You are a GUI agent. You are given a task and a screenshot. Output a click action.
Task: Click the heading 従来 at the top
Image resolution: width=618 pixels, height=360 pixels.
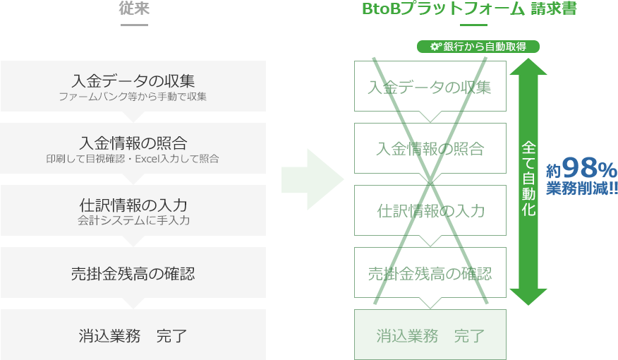coord(134,9)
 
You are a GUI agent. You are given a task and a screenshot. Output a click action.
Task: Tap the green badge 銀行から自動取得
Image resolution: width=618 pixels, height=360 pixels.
coord(480,47)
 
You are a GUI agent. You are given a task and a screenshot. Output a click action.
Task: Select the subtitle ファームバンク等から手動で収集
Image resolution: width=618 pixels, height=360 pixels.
coord(133,96)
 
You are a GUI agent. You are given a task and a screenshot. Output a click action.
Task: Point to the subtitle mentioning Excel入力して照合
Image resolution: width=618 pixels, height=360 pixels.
coord(133,158)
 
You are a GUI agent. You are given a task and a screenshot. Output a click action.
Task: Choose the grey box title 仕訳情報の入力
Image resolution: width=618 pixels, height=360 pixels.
coord(133,205)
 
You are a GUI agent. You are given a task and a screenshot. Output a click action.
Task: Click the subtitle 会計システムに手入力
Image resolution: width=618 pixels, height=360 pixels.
coord(133,220)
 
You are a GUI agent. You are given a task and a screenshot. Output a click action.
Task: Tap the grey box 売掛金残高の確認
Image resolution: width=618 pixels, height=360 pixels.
coord(133,272)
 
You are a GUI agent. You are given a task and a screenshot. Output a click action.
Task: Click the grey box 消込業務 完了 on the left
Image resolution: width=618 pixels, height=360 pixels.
coord(133,335)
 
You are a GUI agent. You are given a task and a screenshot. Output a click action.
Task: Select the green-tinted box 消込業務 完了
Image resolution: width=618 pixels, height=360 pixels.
coord(430,335)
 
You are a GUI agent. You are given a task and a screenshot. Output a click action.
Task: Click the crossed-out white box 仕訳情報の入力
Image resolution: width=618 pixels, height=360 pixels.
coord(430,210)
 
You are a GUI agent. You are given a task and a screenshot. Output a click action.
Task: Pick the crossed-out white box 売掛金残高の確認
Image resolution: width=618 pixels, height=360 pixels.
coord(430,272)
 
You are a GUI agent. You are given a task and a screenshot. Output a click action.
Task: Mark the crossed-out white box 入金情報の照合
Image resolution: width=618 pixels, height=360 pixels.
coord(430,148)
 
